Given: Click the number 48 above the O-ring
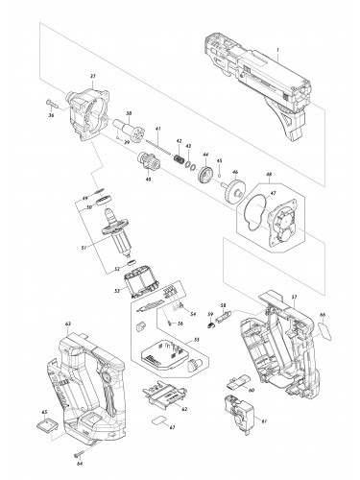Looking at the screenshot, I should pyautogui.click(x=269, y=177).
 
